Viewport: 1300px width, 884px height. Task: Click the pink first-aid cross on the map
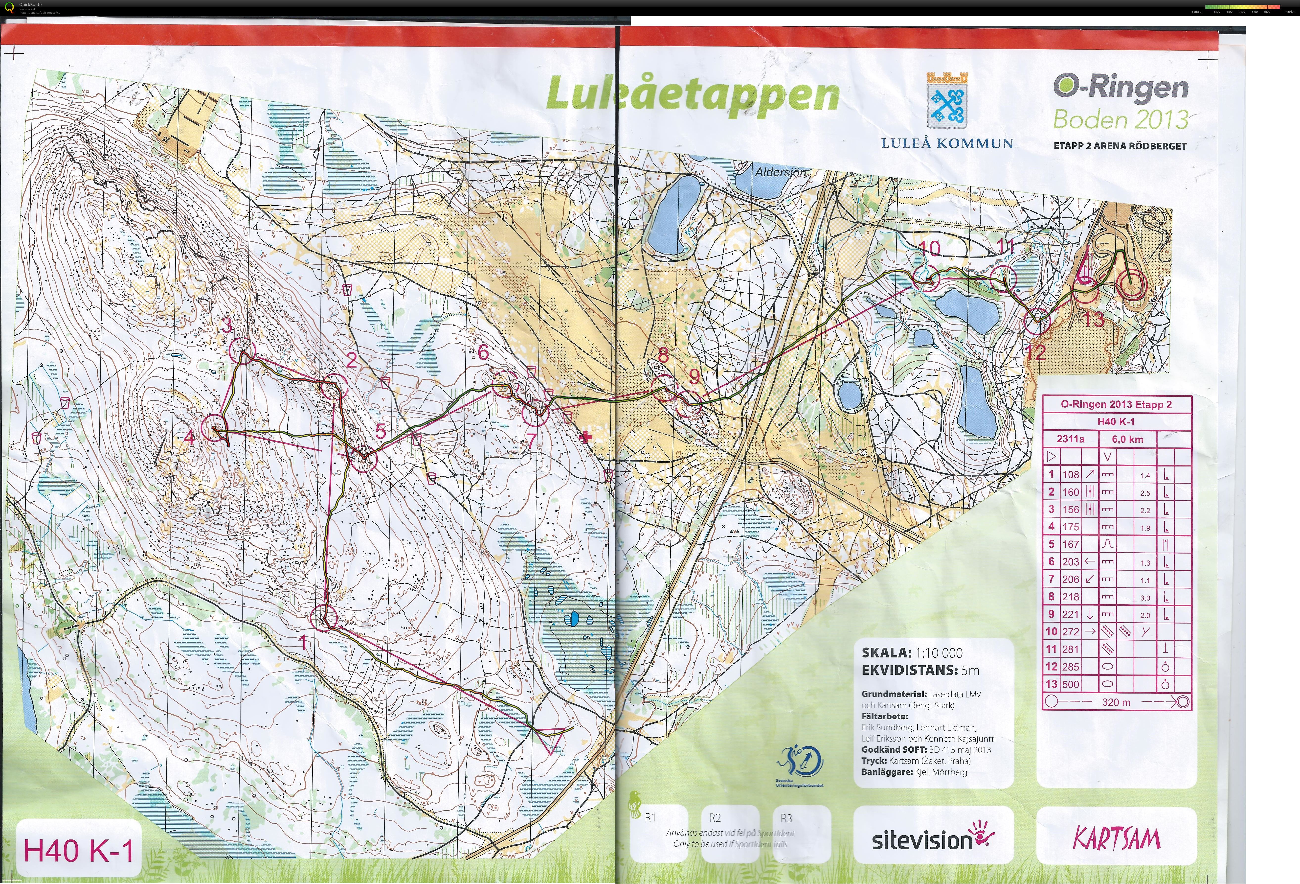585,437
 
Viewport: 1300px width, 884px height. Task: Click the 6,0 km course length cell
1127,439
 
